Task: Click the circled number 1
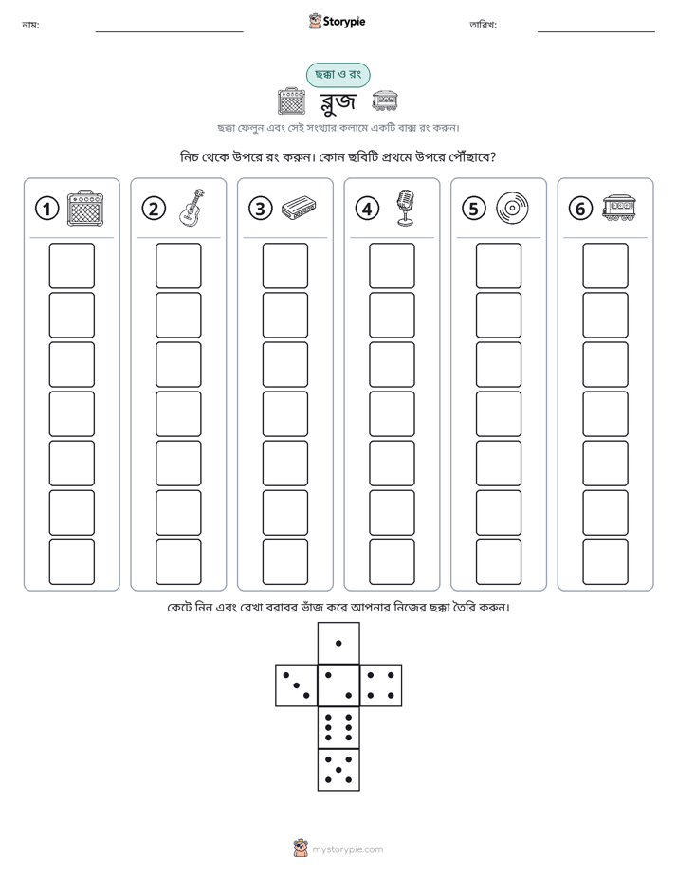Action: [46, 209]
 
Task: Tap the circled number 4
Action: [367, 209]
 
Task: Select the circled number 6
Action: [580, 209]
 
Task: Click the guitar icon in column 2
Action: [192, 208]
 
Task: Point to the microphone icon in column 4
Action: [406, 208]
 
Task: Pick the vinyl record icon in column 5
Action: [512, 208]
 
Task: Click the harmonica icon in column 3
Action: [299, 208]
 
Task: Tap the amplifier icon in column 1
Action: [85, 209]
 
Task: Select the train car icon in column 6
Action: [619, 208]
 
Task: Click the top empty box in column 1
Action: [71, 265]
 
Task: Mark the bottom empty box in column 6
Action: [605, 562]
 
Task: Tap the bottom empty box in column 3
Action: [284, 562]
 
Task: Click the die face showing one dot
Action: [338, 643]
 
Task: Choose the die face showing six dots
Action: [338, 727]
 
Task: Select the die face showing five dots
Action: [338, 770]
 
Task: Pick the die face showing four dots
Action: [381, 685]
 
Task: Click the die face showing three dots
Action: [297, 685]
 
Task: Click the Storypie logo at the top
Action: [337, 21]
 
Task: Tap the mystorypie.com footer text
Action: [347, 849]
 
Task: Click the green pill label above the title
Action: [338, 75]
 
